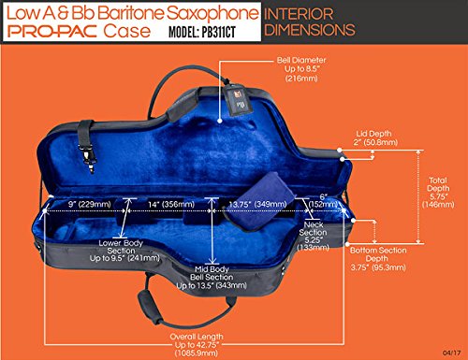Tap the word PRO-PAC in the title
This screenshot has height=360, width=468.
point(58,30)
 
